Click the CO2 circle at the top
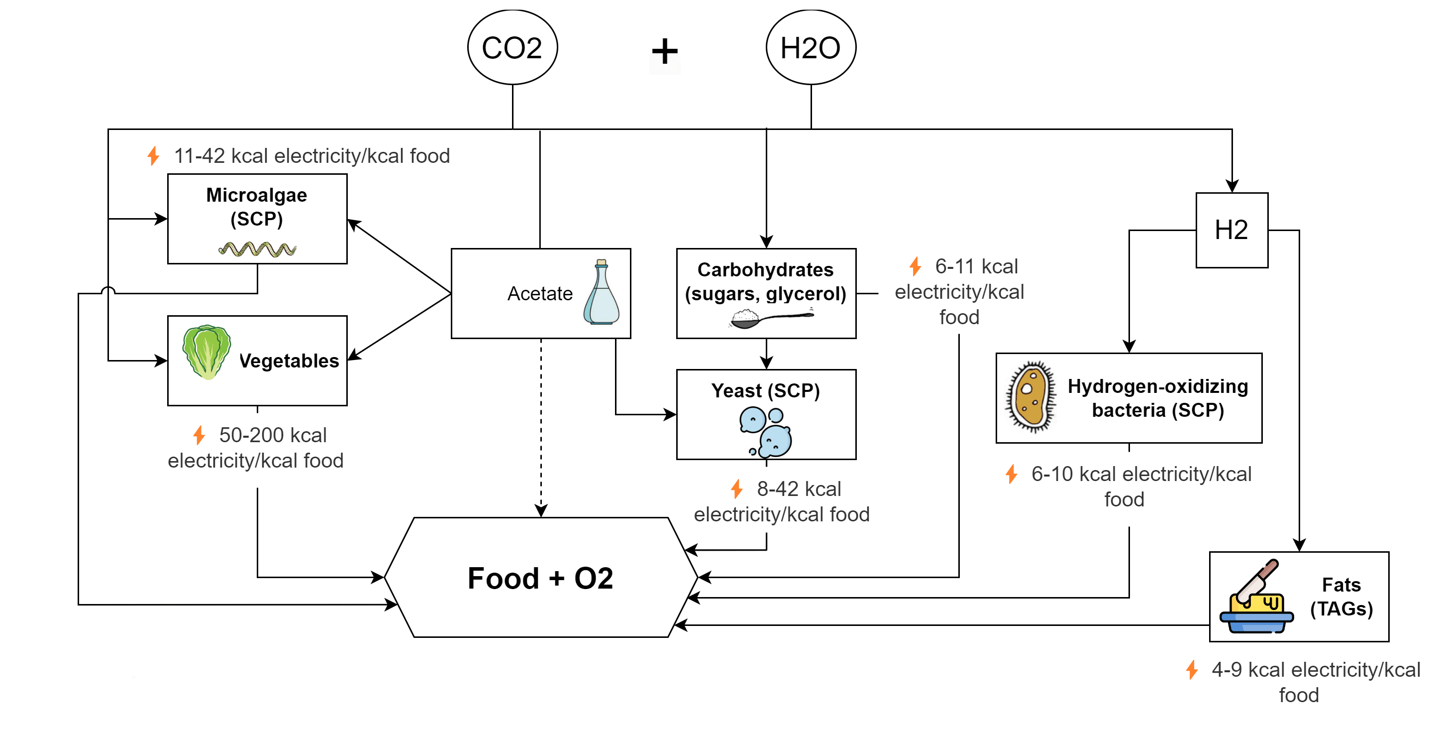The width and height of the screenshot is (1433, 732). tap(512, 47)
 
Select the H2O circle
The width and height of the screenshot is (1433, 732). tap(811, 47)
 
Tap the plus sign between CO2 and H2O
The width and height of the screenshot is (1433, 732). tap(665, 52)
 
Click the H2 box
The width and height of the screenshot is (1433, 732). tap(1231, 230)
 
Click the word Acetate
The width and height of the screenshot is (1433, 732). tap(539, 293)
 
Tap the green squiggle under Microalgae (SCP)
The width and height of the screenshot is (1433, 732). tap(257, 249)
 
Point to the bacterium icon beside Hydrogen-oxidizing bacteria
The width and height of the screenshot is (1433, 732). tap(1031, 396)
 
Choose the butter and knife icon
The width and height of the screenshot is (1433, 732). tap(1256, 598)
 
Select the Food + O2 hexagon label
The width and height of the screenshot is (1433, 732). tap(540, 578)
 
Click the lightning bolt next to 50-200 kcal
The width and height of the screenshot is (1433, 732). tap(199, 435)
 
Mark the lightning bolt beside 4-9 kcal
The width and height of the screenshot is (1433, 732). tap(1192, 670)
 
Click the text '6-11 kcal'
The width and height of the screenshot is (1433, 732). tap(976, 266)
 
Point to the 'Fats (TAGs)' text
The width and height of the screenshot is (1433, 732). tap(1341, 597)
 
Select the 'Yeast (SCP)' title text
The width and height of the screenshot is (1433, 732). tap(765, 391)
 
